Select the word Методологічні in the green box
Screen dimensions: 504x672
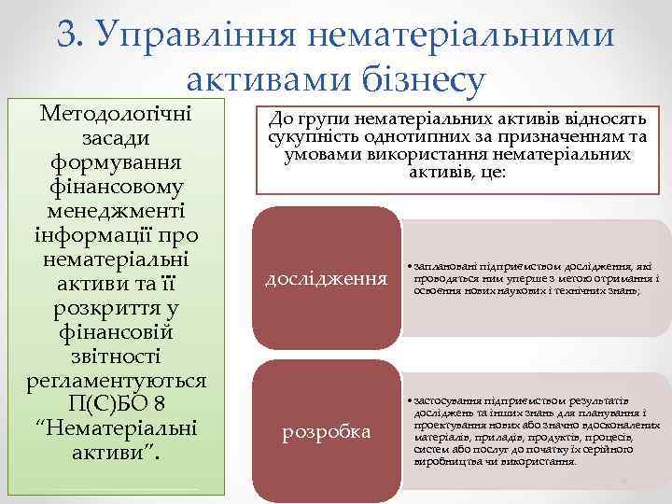[x=116, y=113]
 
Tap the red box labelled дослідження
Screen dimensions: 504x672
[x=326, y=278]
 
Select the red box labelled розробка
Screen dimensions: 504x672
[x=326, y=432]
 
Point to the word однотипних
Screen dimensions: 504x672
[x=397, y=138]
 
